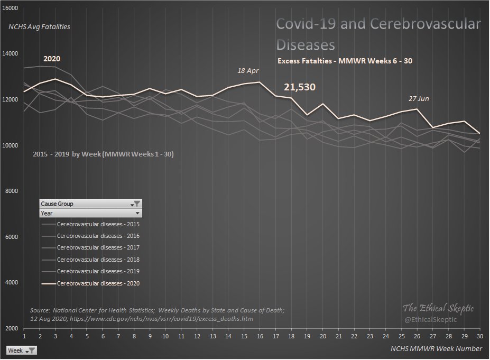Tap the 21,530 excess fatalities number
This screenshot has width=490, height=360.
pyautogui.click(x=299, y=87)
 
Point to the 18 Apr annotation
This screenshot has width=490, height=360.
pyautogui.click(x=248, y=70)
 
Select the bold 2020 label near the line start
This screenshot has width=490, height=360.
pyautogui.click(x=52, y=60)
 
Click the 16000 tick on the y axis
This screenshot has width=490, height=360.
pyautogui.click(x=11, y=9)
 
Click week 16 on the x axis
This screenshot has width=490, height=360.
pyautogui.click(x=259, y=337)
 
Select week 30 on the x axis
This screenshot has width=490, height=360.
pyautogui.click(x=479, y=337)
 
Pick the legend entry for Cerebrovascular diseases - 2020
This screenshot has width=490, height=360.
pyautogui.click(x=98, y=284)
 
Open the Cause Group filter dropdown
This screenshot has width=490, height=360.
pyautogui.click(x=136, y=204)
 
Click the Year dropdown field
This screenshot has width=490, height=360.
pyautogui.click(x=90, y=214)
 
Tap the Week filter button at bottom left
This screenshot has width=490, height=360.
pyautogui.click(x=22, y=350)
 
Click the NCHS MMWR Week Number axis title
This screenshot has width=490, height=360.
pyautogui.click(x=436, y=348)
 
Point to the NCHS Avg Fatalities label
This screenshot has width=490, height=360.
pyautogui.click(x=39, y=26)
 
